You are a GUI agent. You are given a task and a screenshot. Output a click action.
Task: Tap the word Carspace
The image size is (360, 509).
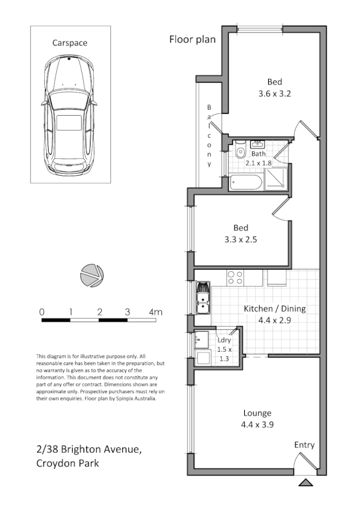70,43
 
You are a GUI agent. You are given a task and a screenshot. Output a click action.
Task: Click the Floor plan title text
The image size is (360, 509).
192,39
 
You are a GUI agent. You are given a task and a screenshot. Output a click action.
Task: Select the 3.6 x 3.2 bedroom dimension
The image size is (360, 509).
274,94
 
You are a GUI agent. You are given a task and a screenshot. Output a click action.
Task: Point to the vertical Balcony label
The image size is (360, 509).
210,136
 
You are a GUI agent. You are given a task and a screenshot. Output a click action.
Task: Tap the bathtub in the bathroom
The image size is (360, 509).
246,182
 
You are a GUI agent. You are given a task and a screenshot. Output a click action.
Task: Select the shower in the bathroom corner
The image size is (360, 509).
277,178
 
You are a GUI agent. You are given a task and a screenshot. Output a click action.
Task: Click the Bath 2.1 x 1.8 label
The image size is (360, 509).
258,159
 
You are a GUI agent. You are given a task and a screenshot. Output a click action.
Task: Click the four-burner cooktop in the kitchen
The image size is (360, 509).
235,278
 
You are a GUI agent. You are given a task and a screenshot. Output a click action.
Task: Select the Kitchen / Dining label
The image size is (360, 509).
274,309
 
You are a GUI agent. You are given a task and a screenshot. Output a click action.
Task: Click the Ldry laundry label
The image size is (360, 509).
223,340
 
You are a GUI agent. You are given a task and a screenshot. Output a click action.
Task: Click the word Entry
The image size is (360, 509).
305,445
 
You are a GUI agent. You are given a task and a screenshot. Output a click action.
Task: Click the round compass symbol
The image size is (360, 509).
92,275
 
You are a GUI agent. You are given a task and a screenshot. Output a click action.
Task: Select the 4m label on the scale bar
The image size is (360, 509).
155,312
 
